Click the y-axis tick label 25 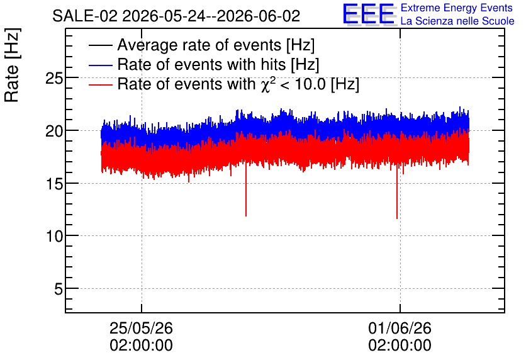click(x=54, y=79)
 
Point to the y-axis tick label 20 click(x=54, y=131)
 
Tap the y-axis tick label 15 click(x=54, y=184)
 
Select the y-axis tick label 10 click(x=54, y=237)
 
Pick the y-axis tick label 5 click(x=59, y=289)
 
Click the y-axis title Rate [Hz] click(x=12, y=65)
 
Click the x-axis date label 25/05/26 click(x=141, y=328)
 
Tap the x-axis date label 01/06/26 click(x=400, y=328)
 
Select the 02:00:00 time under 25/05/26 click(x=141, y=346)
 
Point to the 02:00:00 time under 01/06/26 click(x=400, y=346)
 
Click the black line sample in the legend click(x=100, y=45)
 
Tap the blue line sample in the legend click(x=100, y=65)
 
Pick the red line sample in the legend click(x=100, y=85)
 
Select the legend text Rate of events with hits click(x=201, y=64)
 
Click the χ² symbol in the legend click(x=266, y=84)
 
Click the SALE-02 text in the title click(x=85, y=16)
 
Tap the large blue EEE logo click(x=368, y=14)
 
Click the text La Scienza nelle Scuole click(x=457, y=21)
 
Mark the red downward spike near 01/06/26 click(x=397, y=191)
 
